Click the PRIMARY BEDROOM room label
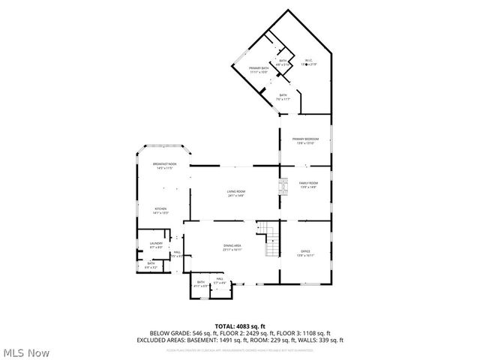pyautogui.click(x=305, y=139)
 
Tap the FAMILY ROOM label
pyautogui.click(x=308, y=184)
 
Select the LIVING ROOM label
pyautogui.click(x=236, y=192)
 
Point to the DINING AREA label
pyautogui.click(x=232, y=246)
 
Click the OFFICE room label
pyautogui.click(x=305, y=251)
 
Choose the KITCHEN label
pyautogui.click(x=160, y=209)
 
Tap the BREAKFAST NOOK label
pyautogui.click(x=164, y=164)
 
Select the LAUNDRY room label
pyautogui.click(x=156, y=244)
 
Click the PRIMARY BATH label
pyautogui.click(x=259, y=68)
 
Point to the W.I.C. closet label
pyautogui.click(x=307, y=61)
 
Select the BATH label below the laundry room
pyautogui.click(x=151, y=263)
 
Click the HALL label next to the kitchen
pyautogui.click(x=178, y=252)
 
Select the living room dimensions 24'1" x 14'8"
pyautogui.click(x=236, y=196)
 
